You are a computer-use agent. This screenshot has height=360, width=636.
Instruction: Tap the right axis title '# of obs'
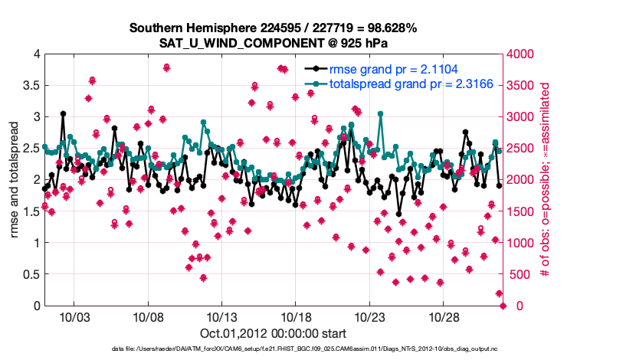click(x=546, y=180)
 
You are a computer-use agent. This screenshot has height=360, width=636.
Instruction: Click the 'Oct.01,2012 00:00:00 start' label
click(x=273, y=333)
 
